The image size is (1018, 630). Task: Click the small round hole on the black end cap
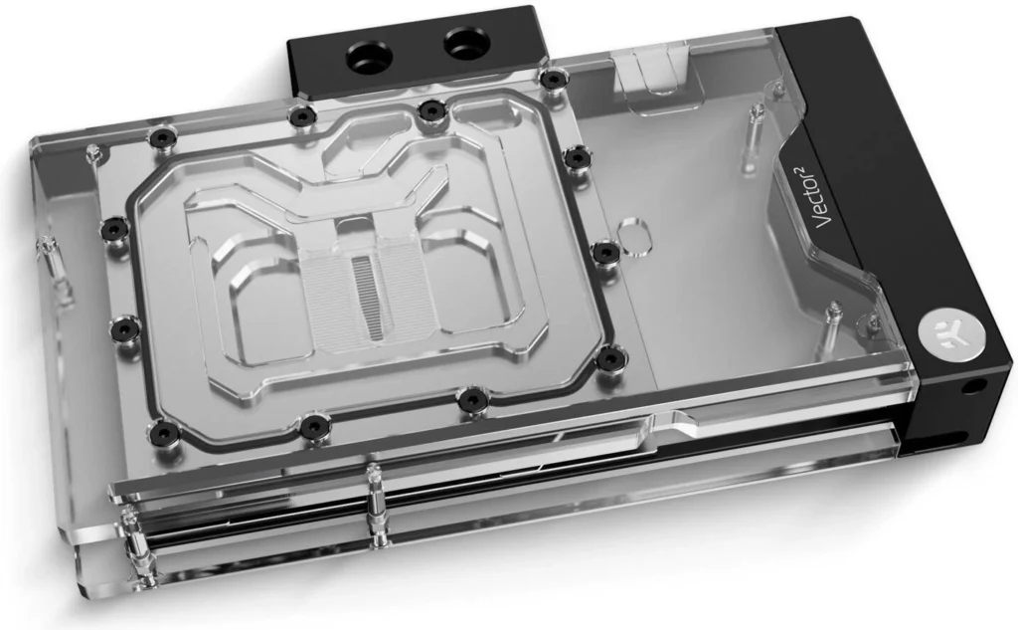972,385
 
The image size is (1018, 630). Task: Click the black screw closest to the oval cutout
605,251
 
